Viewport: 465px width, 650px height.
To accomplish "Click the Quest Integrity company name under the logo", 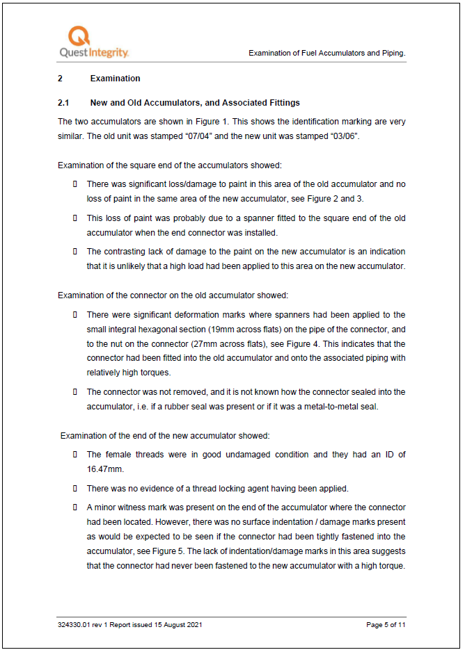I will click(x=94, y=53).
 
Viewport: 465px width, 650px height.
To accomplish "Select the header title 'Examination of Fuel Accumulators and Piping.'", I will click(x=326, y=53).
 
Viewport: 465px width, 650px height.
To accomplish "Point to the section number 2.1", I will click(x=64, y=103).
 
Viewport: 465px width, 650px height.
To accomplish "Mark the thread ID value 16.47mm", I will click(x=103, y=469).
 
